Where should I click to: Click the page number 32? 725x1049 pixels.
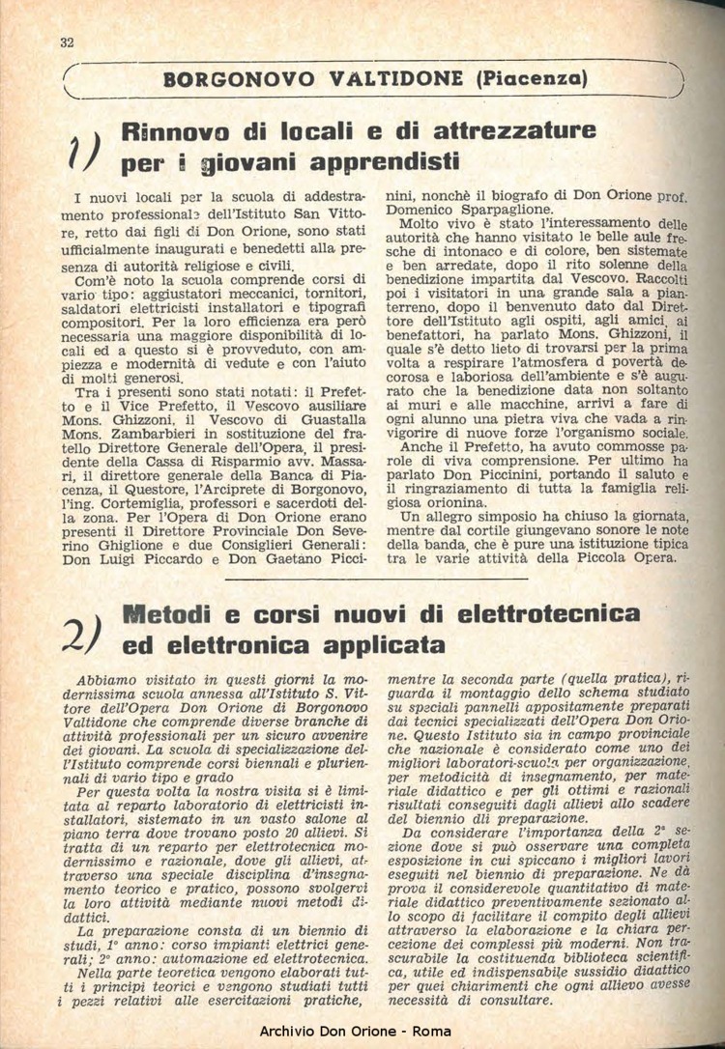pos(67,42)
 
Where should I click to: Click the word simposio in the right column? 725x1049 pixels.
pos(496,519)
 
